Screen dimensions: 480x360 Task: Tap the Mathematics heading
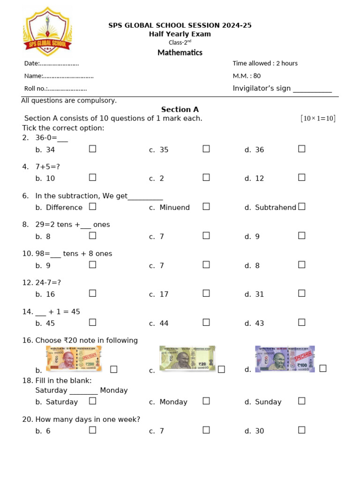[x=180, y=52]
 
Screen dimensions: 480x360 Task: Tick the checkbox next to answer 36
[x=302, y=149]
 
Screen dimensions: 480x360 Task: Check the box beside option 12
[x=302, y=178]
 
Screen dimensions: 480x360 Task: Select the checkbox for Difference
[x=93, y=207]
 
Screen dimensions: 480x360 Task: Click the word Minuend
[x=174, y=208]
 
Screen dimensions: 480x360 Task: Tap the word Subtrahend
[x=276, y=208]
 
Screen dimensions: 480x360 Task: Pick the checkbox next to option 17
[x=206, y=293]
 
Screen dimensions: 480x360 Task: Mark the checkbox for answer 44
[x=206, y=322]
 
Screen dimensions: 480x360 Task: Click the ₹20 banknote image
[x=187, y=359]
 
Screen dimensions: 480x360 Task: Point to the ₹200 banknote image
[x=74, y=359]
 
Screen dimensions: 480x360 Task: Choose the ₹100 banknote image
[x=285, y=359]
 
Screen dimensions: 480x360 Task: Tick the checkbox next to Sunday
[x=302, y=401]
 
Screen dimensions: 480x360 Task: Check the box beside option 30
[x=302, y=430]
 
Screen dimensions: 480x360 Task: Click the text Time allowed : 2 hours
[x=265, y=63]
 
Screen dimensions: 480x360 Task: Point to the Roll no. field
[x=55, y=89]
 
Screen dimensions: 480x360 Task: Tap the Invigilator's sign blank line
[x=312, y=90]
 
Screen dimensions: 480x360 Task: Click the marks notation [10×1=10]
[x=318, y=119]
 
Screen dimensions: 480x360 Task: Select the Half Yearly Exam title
[x=180, y=34]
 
